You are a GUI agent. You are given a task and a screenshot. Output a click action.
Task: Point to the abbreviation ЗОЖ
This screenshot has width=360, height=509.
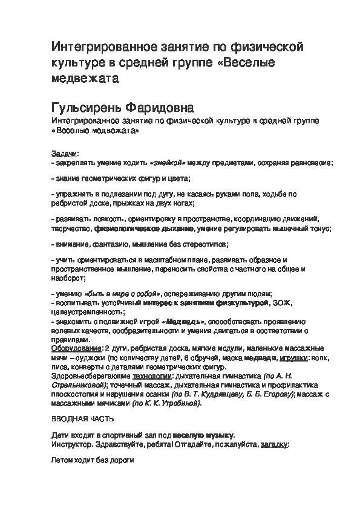tap(280, 302)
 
